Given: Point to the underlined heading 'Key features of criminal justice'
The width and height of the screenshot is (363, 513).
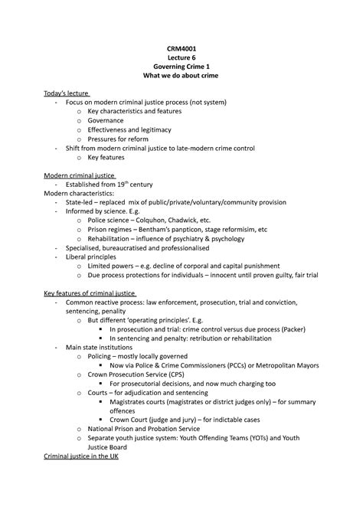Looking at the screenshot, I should [90, 293].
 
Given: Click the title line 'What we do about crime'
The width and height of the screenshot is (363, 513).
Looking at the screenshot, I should [181, 74].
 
